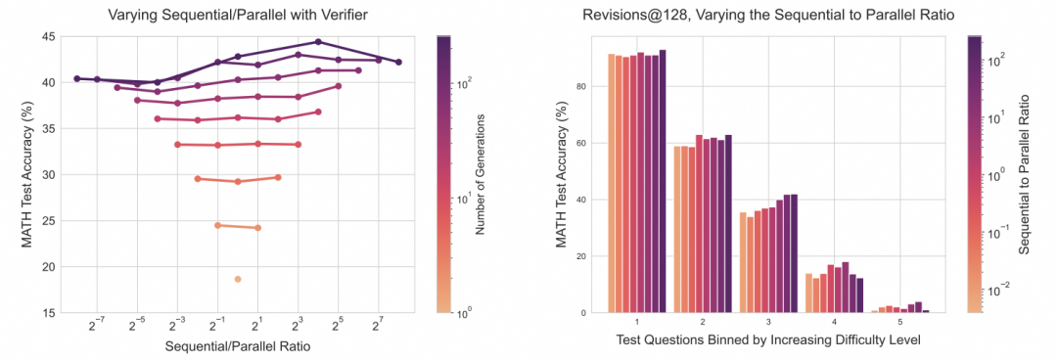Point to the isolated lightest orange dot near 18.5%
[x=238, y=279]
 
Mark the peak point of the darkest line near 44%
[x=318, y=42]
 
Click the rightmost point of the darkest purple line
[x=398, y=62]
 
